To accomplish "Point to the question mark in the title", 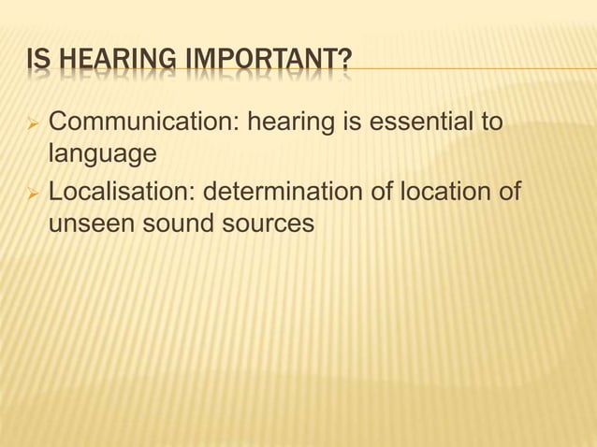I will tap(346, 63).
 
